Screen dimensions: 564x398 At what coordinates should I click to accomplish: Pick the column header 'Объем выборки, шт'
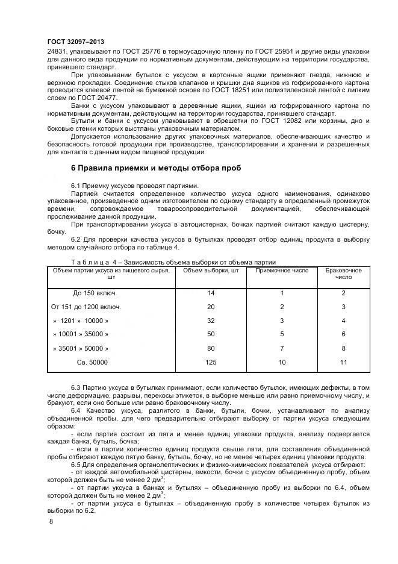(x=210, y=271)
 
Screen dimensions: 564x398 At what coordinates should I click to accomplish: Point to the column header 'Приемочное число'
(x=282, y=271)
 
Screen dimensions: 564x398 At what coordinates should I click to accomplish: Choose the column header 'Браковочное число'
(x=343, y=274)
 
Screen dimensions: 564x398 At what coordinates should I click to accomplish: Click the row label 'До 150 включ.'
(x=95, y=293)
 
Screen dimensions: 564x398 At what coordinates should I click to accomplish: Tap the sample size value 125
(x=210, y=362)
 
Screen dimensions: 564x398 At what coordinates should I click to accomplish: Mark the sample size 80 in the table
(x=210, y=348)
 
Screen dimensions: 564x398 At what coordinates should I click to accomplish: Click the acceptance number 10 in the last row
(x=282, y=362)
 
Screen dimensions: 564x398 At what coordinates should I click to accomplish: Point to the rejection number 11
(x=343, y=362)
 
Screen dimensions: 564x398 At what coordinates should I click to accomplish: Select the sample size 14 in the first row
(x=210, y=293)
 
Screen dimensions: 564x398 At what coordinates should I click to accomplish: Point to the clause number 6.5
(x=77, y=465)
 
